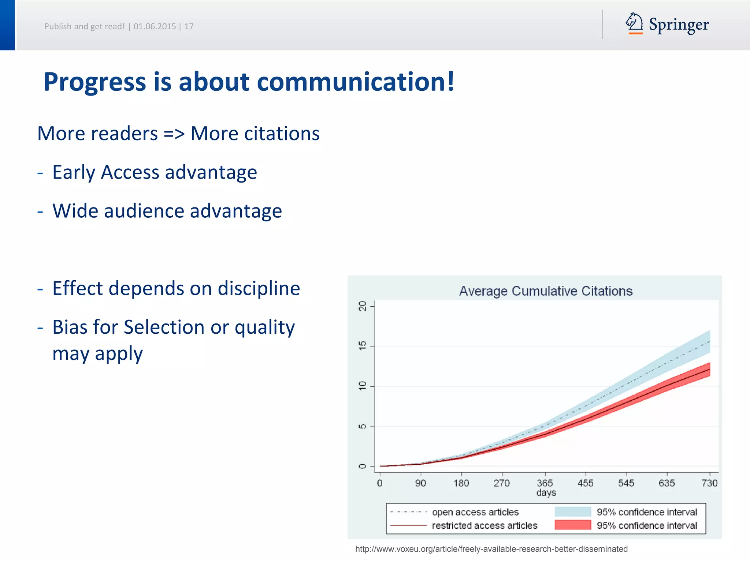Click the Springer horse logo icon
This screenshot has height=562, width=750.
coord(634,23)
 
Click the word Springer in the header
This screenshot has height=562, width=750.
coord(679,25)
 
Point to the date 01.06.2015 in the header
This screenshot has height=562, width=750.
coord(155,26)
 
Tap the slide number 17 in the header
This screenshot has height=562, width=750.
coord(189,26)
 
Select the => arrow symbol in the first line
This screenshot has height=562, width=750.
coord(174,134)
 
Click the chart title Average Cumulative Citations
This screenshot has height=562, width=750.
coord(546,291)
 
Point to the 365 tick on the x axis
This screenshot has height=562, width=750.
coord(545,483)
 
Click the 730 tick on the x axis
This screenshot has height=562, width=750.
coord(709,483)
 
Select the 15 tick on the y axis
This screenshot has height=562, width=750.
coord(362,345)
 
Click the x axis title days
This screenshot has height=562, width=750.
coord(546,492)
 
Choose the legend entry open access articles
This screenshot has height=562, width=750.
coord(475,512)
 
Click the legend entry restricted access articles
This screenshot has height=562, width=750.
coord(484,525)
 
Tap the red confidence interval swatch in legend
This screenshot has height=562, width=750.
coord(572,525)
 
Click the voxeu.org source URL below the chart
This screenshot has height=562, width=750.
coord(491,549)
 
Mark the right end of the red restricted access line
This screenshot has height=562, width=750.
coord(709,370)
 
